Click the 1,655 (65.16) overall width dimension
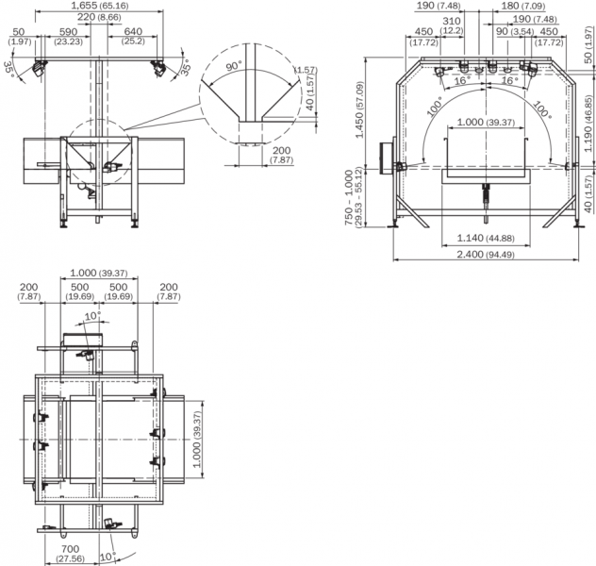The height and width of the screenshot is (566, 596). coord(100,6)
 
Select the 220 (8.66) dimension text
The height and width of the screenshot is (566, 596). coord(99,17)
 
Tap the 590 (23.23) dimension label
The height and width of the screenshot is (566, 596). coord(69,37)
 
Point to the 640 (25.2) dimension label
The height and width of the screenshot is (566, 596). coord(133,37)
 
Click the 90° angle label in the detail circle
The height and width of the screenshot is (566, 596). coord(234,67)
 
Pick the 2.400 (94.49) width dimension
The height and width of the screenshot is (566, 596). coord(486,255)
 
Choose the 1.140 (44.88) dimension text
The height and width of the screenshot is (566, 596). coord(486,239)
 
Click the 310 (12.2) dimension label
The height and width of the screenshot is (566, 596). coord(452,25)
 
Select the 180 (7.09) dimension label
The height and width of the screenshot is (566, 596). coord(523,6)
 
